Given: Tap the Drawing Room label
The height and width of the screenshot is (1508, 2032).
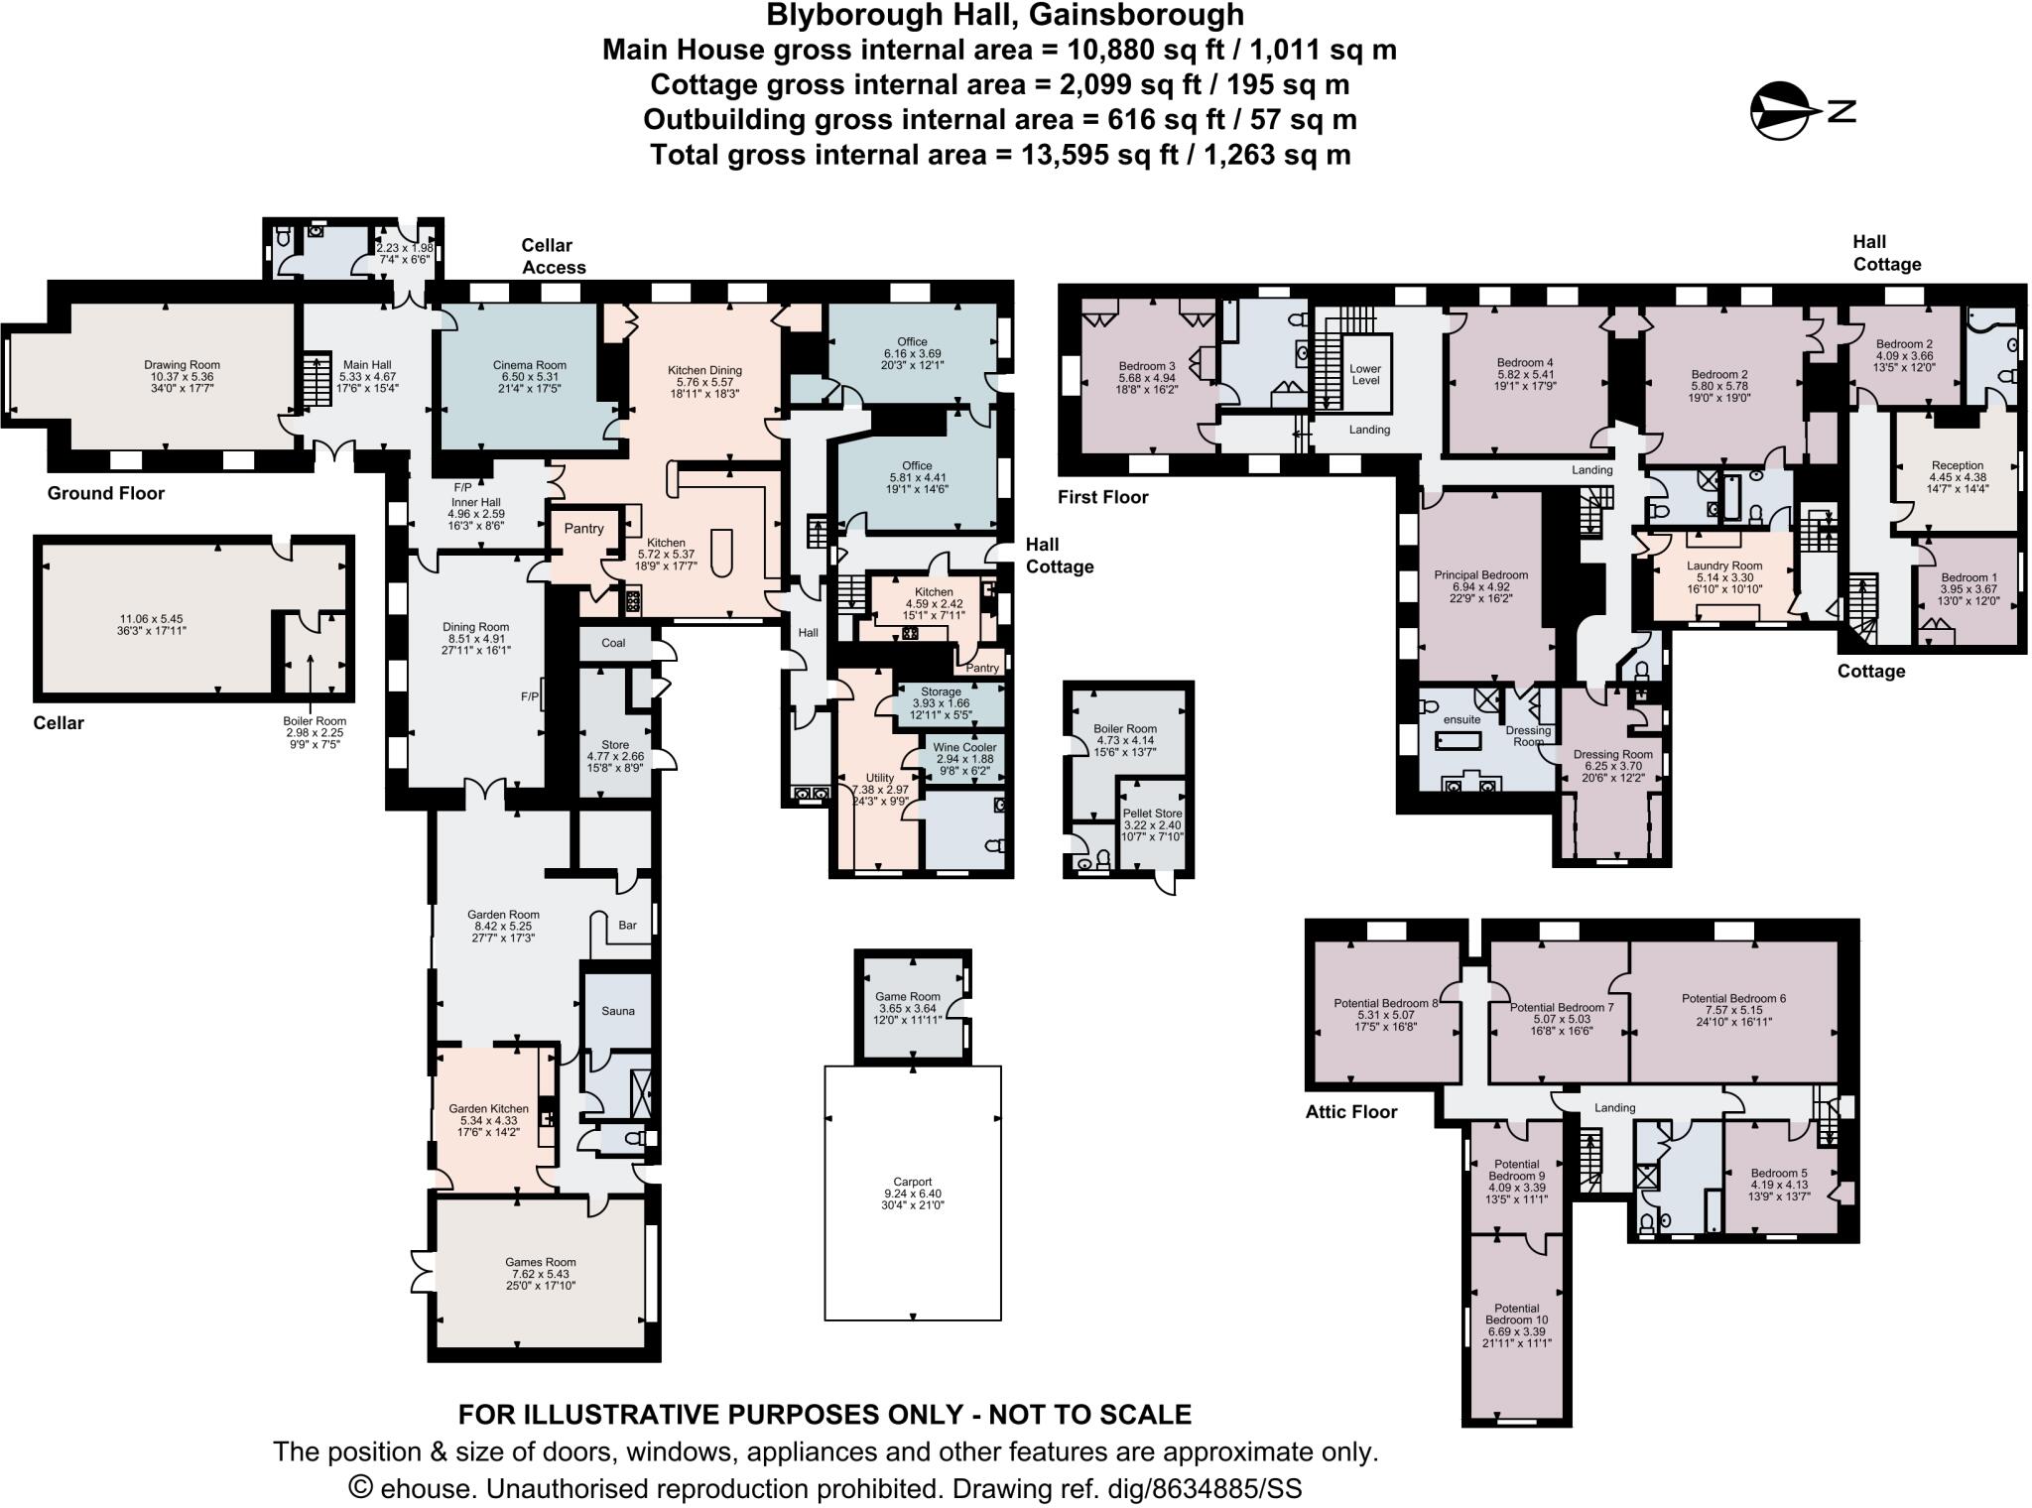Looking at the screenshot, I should (182, 365).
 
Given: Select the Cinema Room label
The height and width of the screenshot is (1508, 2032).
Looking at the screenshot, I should (530, 365).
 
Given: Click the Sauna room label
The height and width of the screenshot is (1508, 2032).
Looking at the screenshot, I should (617, 1011).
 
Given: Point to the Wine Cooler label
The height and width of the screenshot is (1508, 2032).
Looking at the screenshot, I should (964, 747).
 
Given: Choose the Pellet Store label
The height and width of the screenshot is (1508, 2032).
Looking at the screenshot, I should (1152, 814).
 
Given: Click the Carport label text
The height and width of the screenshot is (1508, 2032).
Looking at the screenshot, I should (912, 1182).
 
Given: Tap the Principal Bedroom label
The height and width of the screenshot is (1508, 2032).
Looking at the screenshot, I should (1480, 575).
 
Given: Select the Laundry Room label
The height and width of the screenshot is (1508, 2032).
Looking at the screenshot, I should (1724, 565).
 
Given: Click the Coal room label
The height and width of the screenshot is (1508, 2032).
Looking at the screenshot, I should (613, 643).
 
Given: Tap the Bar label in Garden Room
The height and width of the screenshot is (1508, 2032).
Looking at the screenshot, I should (627, 925).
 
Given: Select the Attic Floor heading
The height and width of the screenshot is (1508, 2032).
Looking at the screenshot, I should (1350, 1112).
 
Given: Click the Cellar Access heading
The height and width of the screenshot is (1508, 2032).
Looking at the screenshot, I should (554, 256).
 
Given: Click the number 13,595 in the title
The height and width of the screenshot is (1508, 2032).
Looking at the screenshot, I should (1076, 155).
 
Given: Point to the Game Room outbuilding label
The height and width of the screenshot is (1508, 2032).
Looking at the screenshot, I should (907, 997).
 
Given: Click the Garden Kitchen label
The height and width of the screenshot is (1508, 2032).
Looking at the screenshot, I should (488, 1109).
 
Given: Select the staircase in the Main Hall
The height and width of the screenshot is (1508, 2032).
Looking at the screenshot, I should (315, 380).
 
